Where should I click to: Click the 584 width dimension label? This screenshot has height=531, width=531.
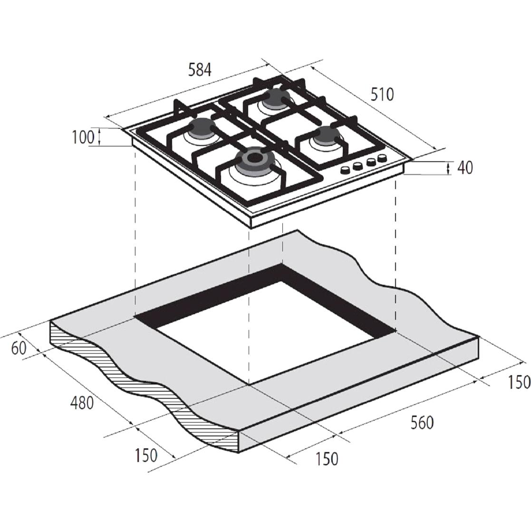click(x=200, y=70)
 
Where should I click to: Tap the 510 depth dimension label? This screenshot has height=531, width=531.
click(x=382, y=95)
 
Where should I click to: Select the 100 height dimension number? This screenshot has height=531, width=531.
click(x=83, y=137)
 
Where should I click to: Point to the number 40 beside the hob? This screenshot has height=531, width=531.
click(x=465, y=167)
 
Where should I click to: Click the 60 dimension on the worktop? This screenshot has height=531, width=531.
click(x=19, y=348)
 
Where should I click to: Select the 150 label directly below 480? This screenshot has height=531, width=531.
click(x=146, y=455)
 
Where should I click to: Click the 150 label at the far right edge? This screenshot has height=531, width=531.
click(x=519, y=382)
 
